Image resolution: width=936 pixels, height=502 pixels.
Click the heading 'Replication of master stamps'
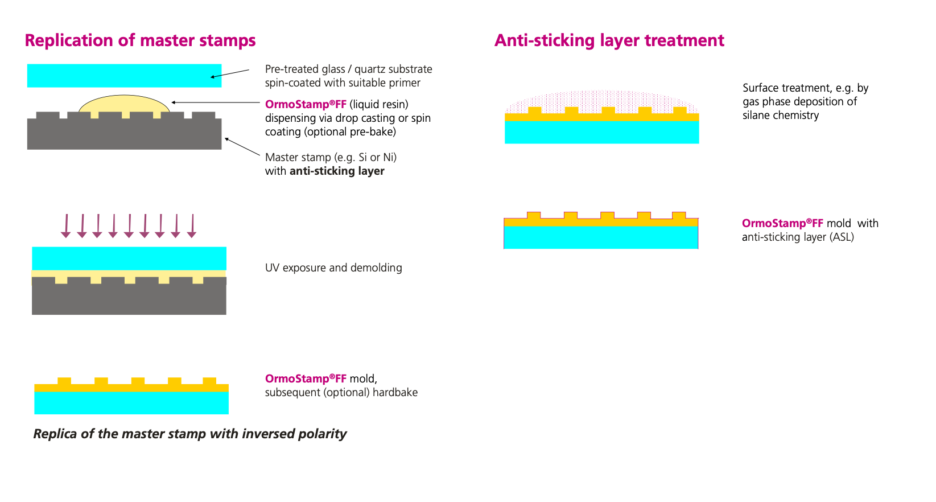pyautogui.click(x=140, y=40)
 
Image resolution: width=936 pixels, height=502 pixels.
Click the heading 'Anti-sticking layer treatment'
pyautogui.click(x=609, y=40)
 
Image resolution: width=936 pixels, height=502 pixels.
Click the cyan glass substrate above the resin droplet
pyautogui.click(x=124, y=75)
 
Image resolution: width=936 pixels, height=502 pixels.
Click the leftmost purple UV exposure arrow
pyautogui.click(x=66, y=225)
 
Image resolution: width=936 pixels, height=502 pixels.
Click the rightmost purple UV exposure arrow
pyautogui.click(x=192, y=225)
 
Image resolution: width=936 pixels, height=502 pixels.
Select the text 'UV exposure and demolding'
pyautogui.click(x=333, y=268)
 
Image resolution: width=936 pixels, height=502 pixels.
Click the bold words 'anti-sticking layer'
pyautogui.click(x=337, y=171)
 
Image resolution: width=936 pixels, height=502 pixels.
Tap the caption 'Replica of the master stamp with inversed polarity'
pyautogui.click(x=189, y=434)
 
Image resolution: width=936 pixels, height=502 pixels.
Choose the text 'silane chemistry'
pyautogui.click(x=780, y=115)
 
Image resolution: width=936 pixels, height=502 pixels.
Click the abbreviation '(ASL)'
pyautogui.click(x=842, y=237)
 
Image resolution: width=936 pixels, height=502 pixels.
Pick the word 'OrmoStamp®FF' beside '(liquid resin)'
pyautogui.click(x=306, y=104)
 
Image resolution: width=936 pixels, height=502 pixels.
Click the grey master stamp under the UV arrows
pyautogui.click(x=129, y=299)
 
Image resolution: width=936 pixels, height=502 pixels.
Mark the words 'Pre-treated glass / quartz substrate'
pyautogui.click(x=348, y=69)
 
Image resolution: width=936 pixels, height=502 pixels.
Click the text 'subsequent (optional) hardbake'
pyautogui.click(x=341, y=392)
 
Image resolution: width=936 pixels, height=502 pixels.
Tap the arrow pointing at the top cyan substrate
pyautogui.click(x=230, y=73)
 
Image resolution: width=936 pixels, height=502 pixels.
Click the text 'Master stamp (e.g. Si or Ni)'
pyautogui.click(x=331, y=157)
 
